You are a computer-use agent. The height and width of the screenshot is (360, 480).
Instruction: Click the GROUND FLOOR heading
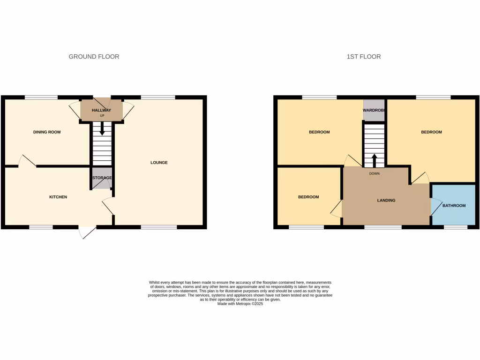pyautogui.click(x=94, y=57)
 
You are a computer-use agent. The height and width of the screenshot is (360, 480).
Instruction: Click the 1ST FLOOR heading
pyautogui.click(x=364, y=57)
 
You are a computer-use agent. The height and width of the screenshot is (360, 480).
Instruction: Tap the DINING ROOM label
pyautogui.click(x=47, y=132)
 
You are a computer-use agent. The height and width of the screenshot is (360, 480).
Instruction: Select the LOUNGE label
pyautogui.click(x=159, y=163)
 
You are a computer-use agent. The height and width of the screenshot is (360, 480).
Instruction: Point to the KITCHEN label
pyautogui.click(x=58, y=197)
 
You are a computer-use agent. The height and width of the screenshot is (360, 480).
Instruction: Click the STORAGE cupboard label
pyautogui.click(x=102, y=178)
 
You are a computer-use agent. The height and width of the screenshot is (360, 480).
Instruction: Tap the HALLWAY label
pyautogui.click(x=101, y=110)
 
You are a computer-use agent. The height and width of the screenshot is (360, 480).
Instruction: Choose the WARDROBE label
pyautogui.click(x=374, y=110)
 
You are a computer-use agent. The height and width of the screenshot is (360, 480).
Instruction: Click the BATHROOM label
pyautogui.click(x=454, y=206)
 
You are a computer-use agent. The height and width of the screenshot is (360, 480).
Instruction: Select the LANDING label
pyautogui.click(x=386, y=200)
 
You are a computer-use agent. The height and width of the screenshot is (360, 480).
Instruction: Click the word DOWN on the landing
pyautogui.click(x=374, y=173)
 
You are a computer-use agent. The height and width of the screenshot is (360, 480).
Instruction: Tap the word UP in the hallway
pyautogui.click(x=102, y=115)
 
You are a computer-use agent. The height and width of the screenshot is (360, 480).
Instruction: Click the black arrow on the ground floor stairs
pyautogui.click(x=102, y=128)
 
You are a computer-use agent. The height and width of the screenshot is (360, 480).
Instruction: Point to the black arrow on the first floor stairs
pyautogui.click(x=374, y=160)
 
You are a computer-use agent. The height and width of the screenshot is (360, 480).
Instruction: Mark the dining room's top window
pyautogui.click(x=41, y=97)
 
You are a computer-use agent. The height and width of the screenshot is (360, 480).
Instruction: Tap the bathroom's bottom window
pyautogui.click(x=456, y=227)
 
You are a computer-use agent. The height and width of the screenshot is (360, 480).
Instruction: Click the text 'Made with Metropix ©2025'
pyautogui.click(x=240, y=304)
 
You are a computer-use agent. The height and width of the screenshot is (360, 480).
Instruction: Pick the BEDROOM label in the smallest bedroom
pyautogui.click(x=308, y=197)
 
